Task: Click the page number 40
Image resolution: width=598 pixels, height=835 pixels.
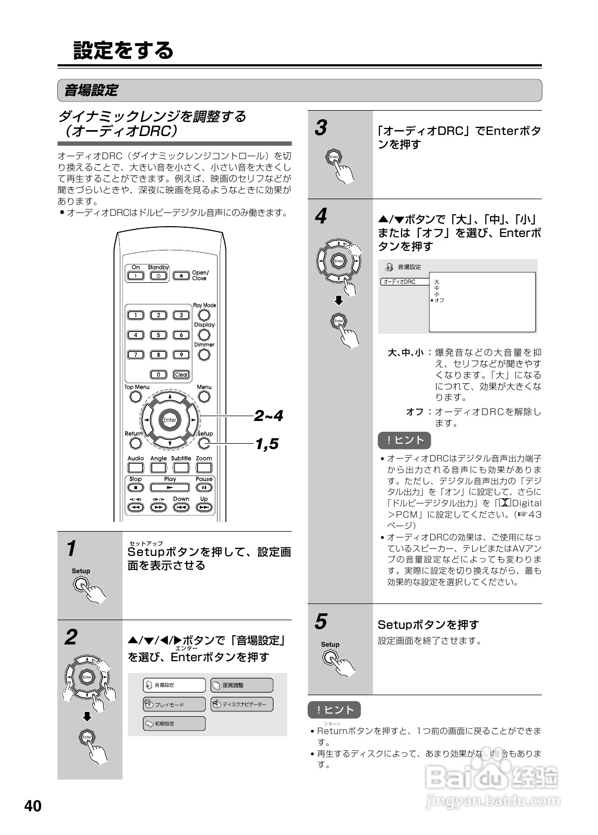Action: pos(32,806)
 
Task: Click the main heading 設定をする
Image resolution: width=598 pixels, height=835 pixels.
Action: pos(124,50)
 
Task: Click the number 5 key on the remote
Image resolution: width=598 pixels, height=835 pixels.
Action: pos(158,335)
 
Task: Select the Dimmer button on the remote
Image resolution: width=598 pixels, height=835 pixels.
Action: pos(204,355)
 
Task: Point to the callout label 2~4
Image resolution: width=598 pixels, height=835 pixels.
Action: pos(268,416)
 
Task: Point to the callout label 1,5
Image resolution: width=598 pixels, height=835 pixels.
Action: pos(267,444)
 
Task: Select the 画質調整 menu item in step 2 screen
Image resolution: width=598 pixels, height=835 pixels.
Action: pos(241,685)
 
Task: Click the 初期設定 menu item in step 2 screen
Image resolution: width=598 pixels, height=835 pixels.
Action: pos(174,723)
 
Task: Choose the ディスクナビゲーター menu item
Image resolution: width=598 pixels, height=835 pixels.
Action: pos(241,704)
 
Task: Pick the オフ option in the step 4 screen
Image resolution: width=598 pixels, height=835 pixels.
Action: pos(439,300)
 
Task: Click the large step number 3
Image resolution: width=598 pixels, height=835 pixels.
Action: pos(321,128)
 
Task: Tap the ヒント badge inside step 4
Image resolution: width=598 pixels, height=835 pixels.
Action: pos(404,440)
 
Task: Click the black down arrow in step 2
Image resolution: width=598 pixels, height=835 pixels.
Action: pos(87,717)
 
